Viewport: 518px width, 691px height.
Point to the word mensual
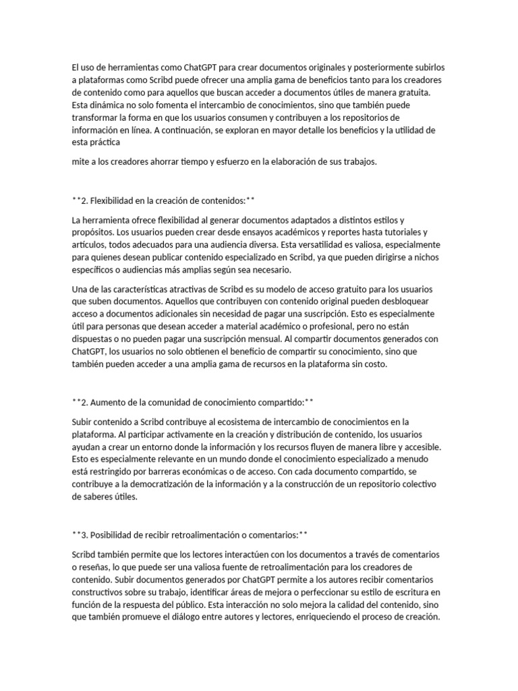[x=279, y=339]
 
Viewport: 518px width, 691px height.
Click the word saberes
[x=88, y=497]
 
